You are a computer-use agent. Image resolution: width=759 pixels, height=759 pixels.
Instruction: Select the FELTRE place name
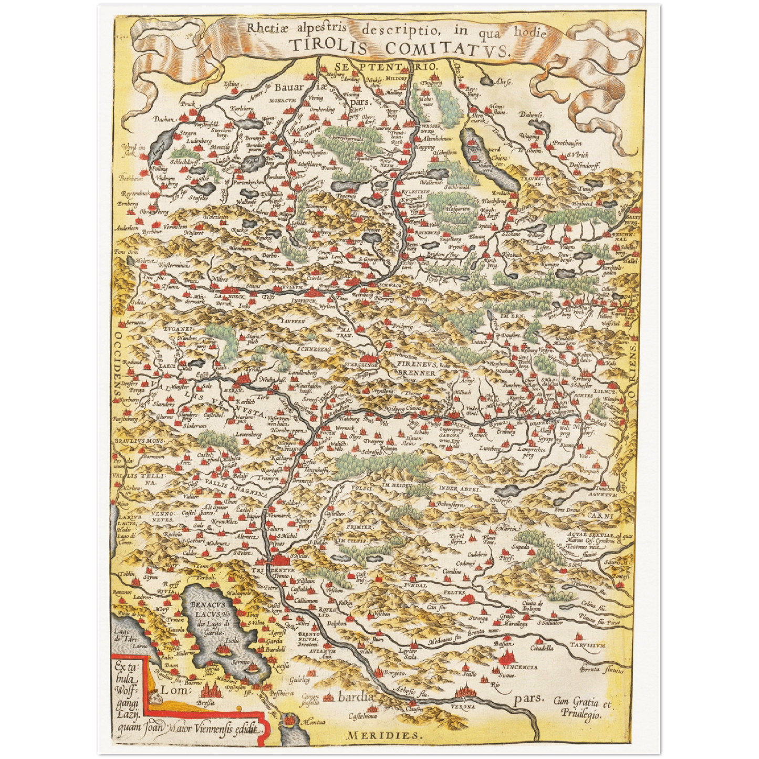454,592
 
